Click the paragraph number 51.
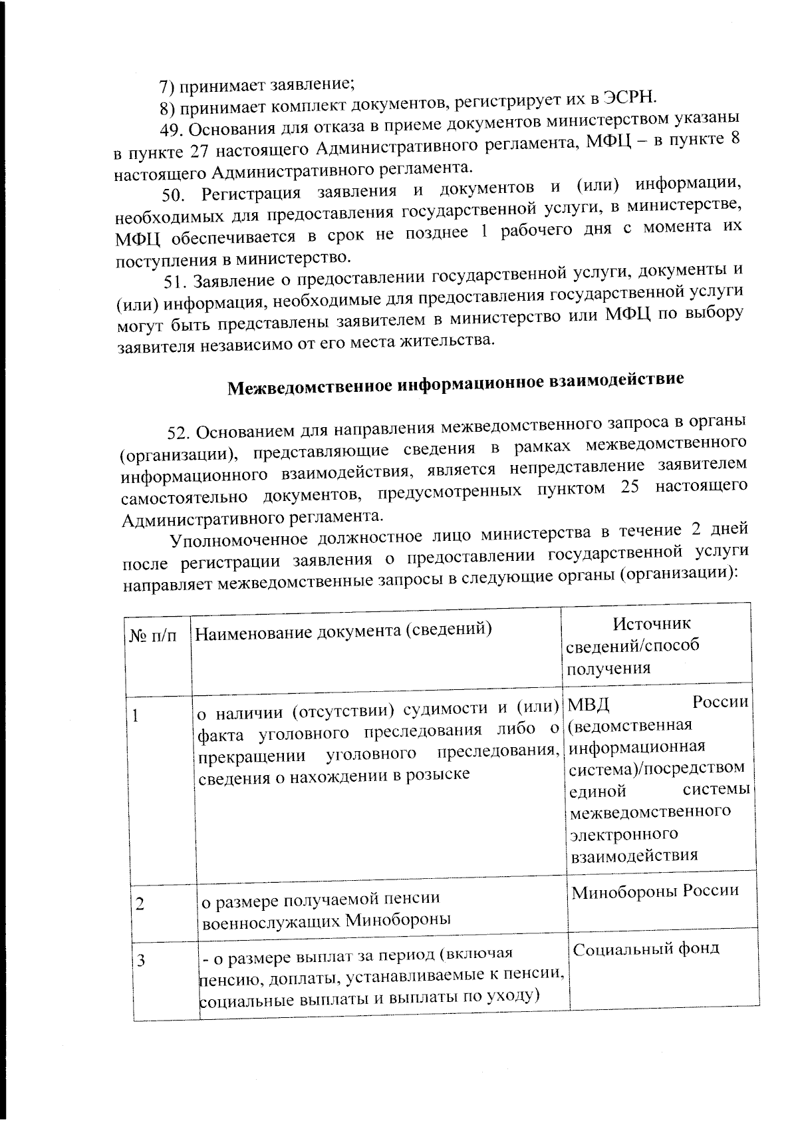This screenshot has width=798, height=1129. click(x=177, y=281)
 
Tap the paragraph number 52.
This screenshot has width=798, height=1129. click(x=180, y=432)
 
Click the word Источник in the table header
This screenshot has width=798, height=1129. click(x=651, y=623)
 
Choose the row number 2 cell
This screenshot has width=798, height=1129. click(x=140, y=904)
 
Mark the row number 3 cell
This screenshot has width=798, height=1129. click(x=141, y=959)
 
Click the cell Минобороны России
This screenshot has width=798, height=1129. click(x=655, y=890)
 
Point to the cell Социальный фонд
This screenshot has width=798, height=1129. click(x=646, y=948)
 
